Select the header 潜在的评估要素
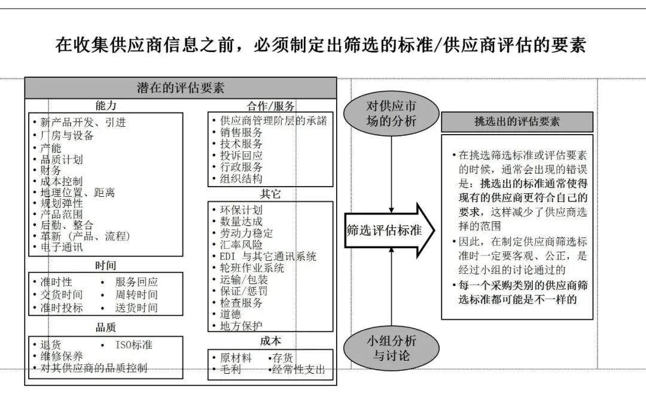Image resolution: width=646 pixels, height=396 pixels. pyautogui.click(x=181, y=88)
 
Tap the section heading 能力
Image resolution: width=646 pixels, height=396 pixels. pyautogui.click(x=106, y=106)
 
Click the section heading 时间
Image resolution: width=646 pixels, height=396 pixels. pyautogui.click(x=106, y=265)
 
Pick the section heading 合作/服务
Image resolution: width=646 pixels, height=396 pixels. pyautogui.click(x=270, y=106)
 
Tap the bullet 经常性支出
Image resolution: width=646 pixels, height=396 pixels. pyautogui.click(x=299, y=370)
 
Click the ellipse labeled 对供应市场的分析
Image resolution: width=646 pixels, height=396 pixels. pyautogui.click(x=391, y=114)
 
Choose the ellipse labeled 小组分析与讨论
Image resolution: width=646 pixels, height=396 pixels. pyautogui.click(x=391, y=348)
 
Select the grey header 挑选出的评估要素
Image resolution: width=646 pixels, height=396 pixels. pyautogui.click(x=517, y=122)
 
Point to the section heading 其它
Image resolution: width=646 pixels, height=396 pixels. pyautogui.click(x=270, y=194)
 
